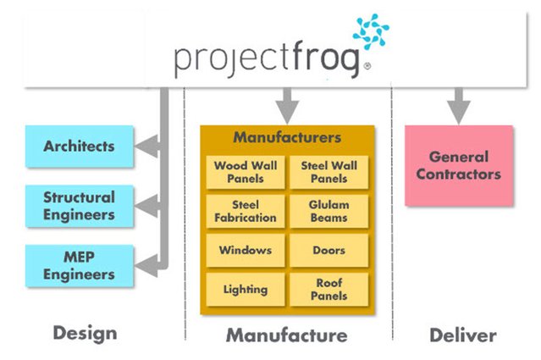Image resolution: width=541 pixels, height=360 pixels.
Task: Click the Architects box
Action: [80, 147]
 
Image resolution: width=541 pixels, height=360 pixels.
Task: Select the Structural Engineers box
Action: [80, 206]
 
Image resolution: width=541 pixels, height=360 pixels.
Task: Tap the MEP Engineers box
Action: [80, 266]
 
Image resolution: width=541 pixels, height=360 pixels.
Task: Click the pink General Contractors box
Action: [458, 166]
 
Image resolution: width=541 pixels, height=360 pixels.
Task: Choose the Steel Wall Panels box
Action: [328, 172]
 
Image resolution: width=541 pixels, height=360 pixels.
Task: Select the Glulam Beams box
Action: [328, 211]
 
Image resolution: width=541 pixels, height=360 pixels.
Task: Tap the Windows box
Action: [245, 251]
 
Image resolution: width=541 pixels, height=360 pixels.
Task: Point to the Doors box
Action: [328, 251]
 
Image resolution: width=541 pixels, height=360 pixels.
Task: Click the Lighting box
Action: [245, 290]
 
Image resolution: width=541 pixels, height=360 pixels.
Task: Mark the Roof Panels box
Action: [328, 290]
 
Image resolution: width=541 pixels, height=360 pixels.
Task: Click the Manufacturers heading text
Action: [287, 137]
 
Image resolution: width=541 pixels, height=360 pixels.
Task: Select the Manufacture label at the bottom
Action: [286, 335]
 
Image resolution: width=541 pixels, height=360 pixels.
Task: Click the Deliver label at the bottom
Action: [461, 335]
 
